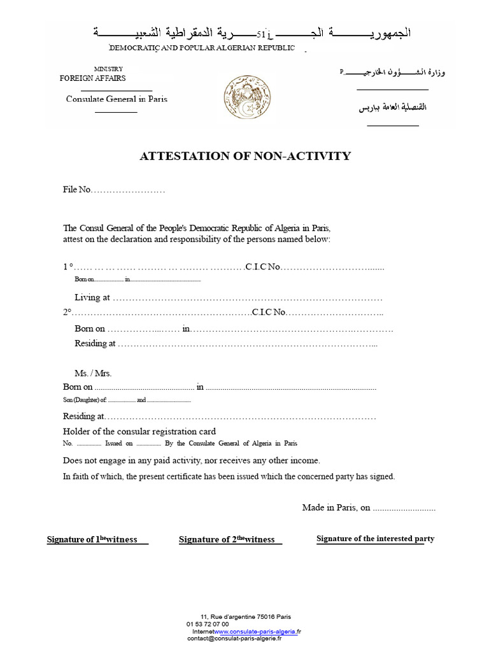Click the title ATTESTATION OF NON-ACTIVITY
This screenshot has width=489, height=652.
pos(245,156)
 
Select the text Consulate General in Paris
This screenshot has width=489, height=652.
pos(117,99)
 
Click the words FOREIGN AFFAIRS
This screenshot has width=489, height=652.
pos(92,78)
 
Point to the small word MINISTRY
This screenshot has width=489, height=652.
pos(108,69)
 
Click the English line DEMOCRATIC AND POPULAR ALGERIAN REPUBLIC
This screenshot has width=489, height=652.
pos(202,48)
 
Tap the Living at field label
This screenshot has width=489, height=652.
pos(92,297)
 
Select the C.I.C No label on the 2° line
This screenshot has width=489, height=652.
pos(269,313)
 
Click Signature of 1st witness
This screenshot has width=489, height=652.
pos(93,540)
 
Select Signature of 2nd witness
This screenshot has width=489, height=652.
pos(227,540)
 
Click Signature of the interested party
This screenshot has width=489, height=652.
pos(375,539)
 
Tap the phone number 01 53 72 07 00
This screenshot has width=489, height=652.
pos(208,624)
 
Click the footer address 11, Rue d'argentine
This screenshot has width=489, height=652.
pos(245,616)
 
